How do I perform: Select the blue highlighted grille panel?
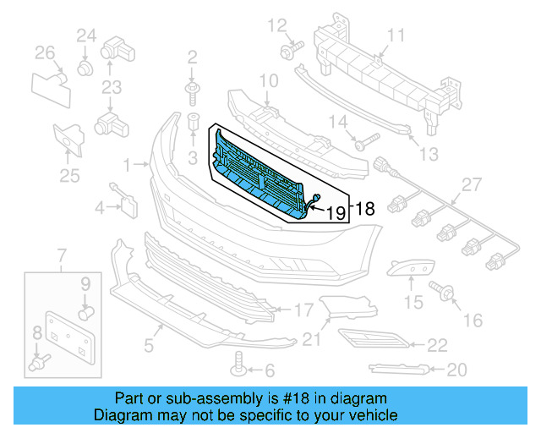pos(258,169)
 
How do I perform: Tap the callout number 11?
pos(396,35)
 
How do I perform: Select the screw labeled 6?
pos(239,369)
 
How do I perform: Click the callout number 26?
pos(45,54)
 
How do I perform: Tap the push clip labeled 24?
pos(85,65)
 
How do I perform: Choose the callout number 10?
pos(268,81)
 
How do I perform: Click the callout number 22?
pos(437,344)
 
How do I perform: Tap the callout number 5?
pos(149,344)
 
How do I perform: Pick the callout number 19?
pos(336,213)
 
